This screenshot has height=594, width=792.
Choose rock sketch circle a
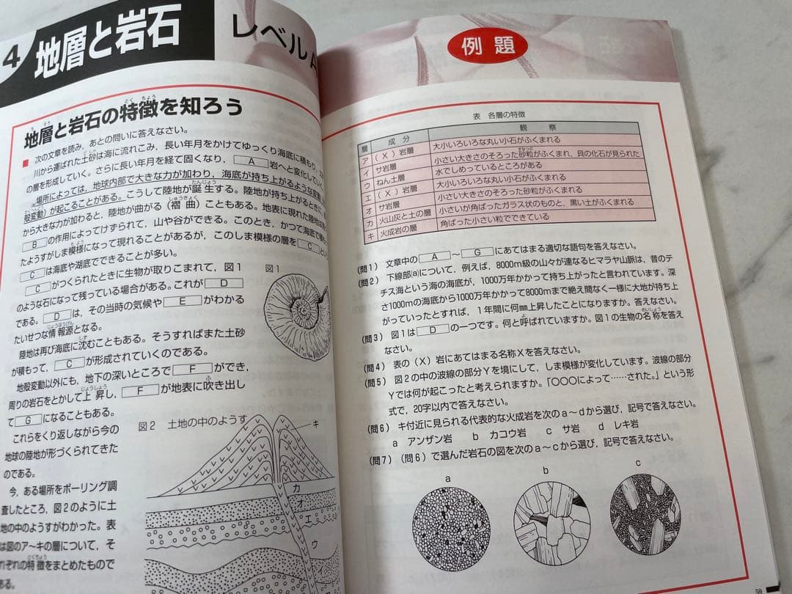pyautogui.click(x=448, y=528)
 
